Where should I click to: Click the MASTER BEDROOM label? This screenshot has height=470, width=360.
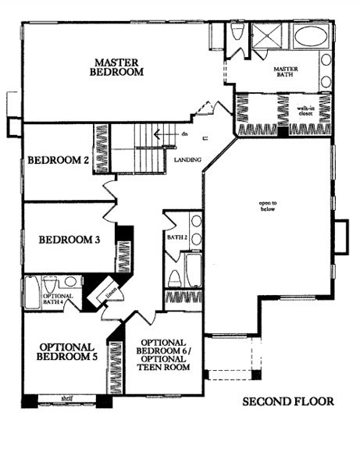click(119, 66)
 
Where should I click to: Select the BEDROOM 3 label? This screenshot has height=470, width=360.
click(70, 240)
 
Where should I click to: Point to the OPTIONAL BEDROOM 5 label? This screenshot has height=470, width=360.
click(66, 351)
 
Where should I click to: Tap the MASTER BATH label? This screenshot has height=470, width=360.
click(287, 73)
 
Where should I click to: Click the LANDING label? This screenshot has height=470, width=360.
click(191, 161)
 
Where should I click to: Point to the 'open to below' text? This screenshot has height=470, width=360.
click(269, 207)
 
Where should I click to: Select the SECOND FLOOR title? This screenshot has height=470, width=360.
click(287, 402)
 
